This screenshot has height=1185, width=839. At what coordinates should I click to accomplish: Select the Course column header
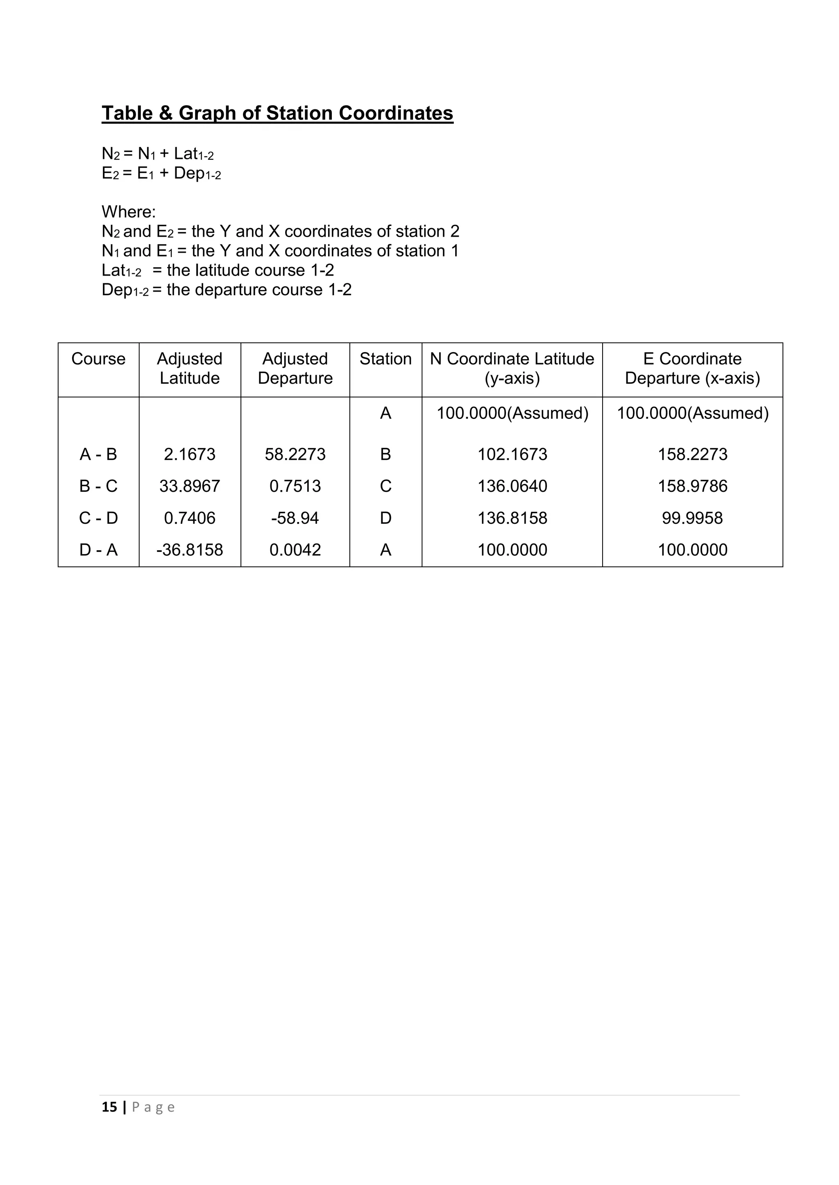pos(98,358)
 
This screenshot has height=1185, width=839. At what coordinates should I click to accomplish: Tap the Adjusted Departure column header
pos(295,368)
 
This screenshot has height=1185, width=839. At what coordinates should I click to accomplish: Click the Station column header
pos(385,358)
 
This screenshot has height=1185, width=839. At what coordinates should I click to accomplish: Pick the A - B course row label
pos(98,455)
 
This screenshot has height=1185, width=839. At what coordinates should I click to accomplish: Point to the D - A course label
pos(98,550)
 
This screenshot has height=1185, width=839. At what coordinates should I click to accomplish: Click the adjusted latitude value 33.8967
pos(190,486)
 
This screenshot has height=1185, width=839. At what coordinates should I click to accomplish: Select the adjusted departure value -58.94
pos(295,518)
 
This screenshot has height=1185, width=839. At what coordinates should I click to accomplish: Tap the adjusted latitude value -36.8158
pos(190,550)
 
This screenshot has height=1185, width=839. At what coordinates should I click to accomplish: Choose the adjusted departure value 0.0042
pos(295,550)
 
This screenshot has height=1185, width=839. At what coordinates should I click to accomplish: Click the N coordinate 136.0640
pos(512,486)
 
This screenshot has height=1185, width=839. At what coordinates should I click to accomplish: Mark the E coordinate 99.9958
pos(692,518)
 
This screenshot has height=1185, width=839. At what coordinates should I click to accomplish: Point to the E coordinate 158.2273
pos(692,455)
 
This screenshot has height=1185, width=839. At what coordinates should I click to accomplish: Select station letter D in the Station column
pos(385,518)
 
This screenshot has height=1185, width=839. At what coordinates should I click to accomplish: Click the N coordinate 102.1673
pos(512,455)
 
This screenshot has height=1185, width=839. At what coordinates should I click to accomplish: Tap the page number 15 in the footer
pos(109,1107)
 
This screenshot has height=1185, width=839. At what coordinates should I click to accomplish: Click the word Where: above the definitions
pos(129,212)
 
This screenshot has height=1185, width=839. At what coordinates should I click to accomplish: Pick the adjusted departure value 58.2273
pos(295,455)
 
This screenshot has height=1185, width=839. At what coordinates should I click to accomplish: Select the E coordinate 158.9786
pos(692,486)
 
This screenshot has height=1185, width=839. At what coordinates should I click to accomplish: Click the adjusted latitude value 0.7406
pos(190,518)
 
